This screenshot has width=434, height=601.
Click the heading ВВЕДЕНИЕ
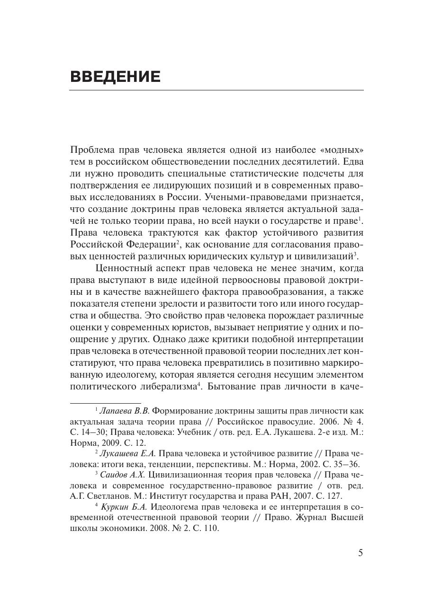pyautogui.click(x=115, y=77)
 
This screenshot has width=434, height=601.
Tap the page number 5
pyautogui.click(x=361, y=553)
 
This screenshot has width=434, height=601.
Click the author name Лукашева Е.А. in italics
pyautogui.click(x=128, y=453)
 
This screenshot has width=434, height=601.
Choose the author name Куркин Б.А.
pyautogui.click(x=125, y=506)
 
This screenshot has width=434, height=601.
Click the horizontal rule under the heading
pyautogui.click(x=217, y=90)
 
